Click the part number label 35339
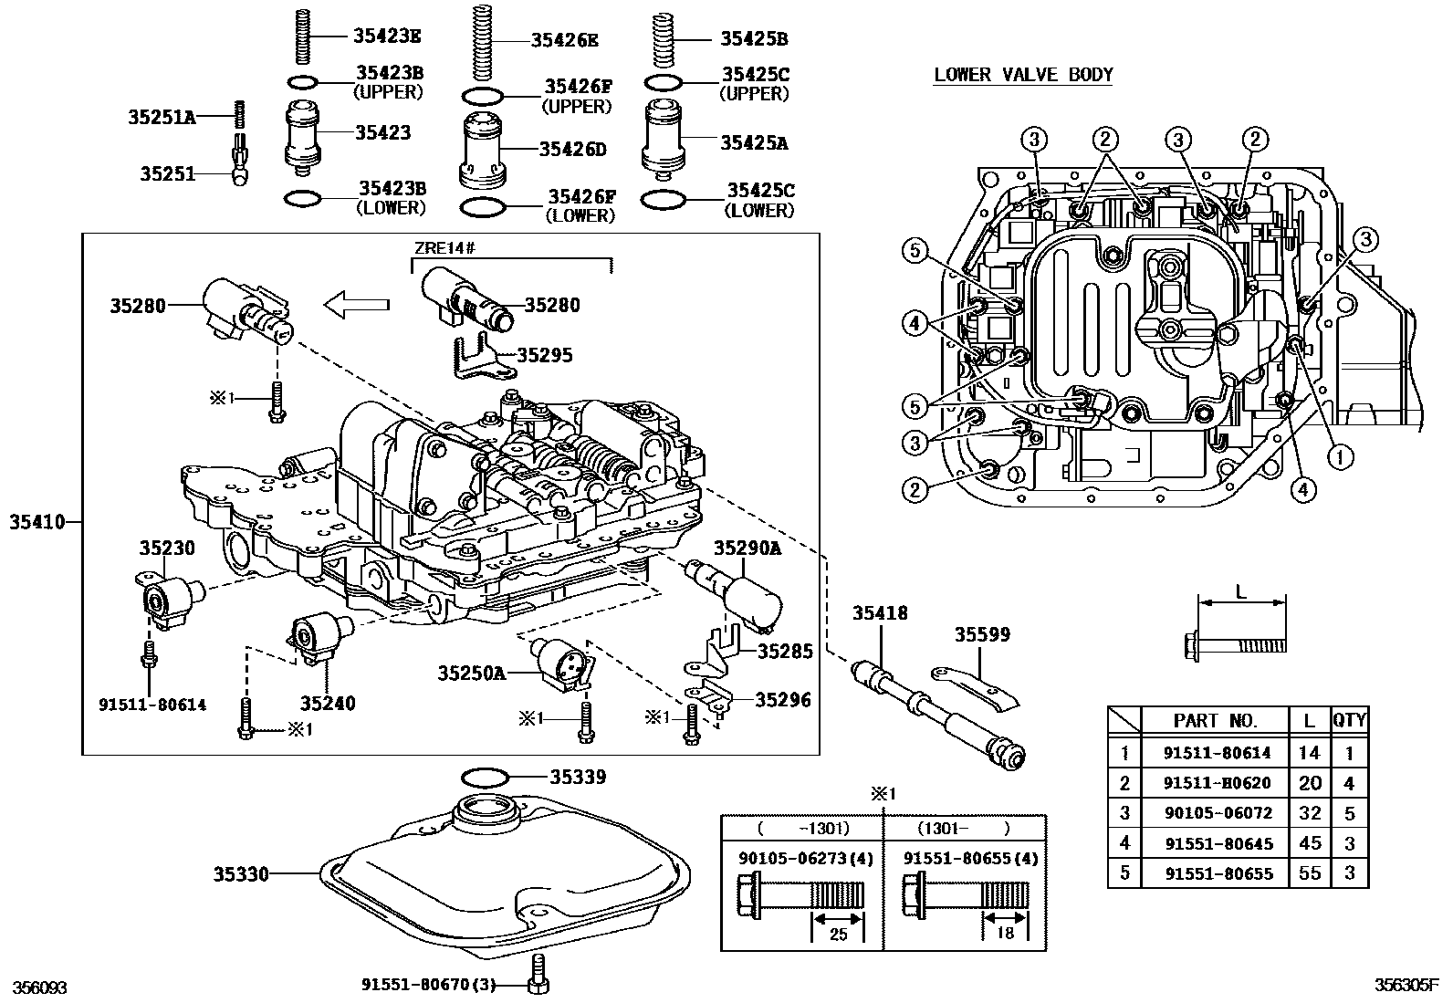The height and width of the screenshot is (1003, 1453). tap(577, 778)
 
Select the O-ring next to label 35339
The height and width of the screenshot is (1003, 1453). tap(484, 778)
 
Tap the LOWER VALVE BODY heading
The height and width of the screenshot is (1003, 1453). tap(1023, 75)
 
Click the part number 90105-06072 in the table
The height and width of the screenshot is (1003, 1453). tap(1217, 812)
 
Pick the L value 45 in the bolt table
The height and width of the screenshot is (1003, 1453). tap(1309, 842)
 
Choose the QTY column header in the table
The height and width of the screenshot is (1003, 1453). tap(1349, 720)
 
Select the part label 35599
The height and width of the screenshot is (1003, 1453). tap(982, 634)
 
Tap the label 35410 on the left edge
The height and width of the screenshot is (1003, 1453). tap(37, 523)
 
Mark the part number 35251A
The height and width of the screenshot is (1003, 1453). tap(162, 117)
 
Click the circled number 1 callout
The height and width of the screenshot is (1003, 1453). tap(1340, 456)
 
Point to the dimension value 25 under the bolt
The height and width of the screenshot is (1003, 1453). tap(838, 935)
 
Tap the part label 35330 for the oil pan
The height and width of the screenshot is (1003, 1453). tap(241, 874)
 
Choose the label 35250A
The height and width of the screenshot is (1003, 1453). tap(470, 674)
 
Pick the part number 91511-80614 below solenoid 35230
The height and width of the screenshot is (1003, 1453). tap(152, 705)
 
